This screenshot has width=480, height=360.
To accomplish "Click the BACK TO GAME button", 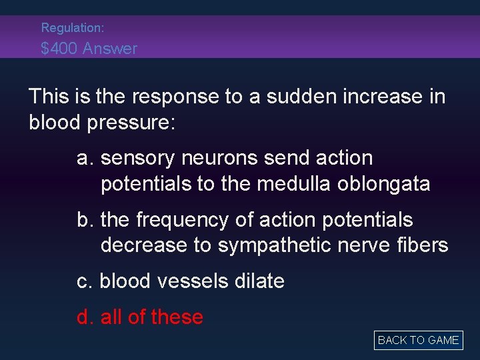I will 418,340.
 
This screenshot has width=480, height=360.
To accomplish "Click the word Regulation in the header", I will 71,28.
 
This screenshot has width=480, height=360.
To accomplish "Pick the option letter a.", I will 83,159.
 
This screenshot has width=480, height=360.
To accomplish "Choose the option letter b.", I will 83,220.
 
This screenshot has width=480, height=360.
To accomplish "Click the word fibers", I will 420,245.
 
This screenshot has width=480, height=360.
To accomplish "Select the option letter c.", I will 83,281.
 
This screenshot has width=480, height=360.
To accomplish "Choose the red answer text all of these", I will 151,317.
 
